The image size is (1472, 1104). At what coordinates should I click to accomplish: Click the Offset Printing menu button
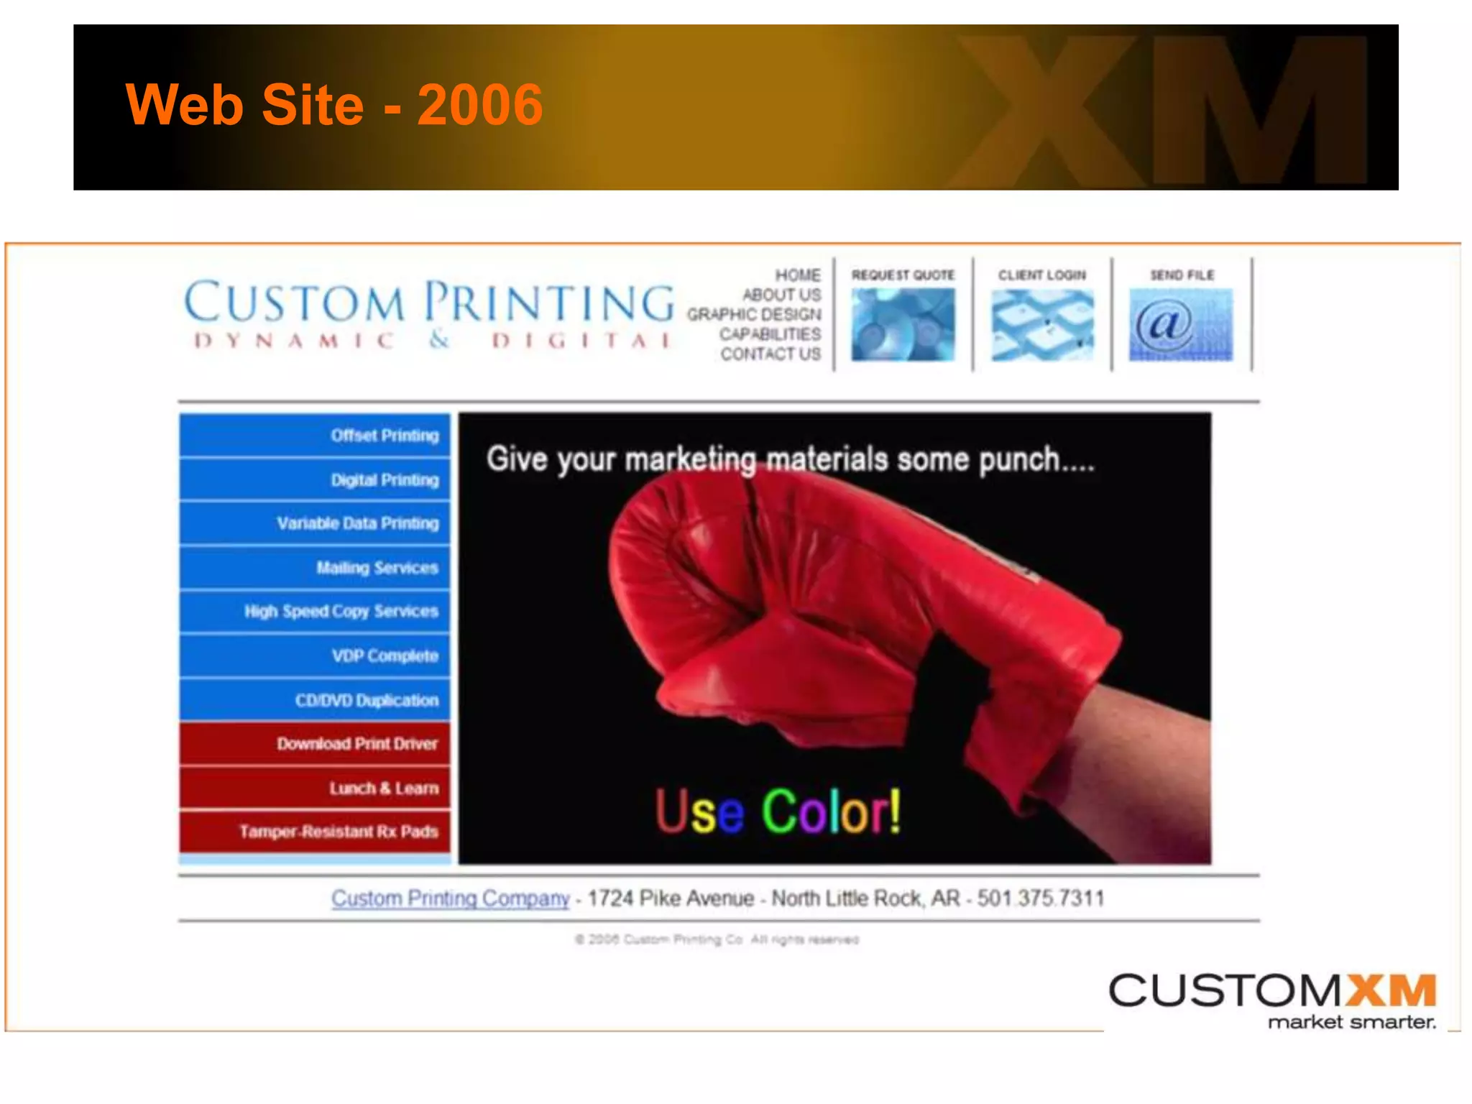click(x=315, y=436)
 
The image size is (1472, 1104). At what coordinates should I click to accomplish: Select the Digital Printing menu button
click(x=315, y=479)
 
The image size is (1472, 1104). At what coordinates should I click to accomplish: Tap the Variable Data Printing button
click(x=315, y=523)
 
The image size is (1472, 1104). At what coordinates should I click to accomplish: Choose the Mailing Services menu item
click(x=315, y=568)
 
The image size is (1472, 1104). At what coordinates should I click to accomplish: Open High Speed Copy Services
click(x=315, y=612)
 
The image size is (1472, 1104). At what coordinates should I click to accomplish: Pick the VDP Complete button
click(x=315, y=655)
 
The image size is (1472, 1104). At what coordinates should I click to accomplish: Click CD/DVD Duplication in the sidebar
click(x=315, y=700)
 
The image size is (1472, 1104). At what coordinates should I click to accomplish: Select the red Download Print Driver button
click(x=315, y=744)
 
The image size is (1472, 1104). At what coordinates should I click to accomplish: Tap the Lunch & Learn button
click(x=315, y=788)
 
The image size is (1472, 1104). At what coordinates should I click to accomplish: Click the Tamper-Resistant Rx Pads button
click(x=315, y=832)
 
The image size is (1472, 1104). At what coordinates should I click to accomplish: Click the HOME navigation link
click(x=797, y=275)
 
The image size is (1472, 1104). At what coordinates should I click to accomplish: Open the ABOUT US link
click(x=781, y=295)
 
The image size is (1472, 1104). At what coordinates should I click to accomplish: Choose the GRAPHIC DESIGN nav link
click(x=753, y=315)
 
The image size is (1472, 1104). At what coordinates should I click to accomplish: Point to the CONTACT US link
click(x=770, y=354)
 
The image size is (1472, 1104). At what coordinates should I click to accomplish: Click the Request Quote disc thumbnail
click(x=903, y=324)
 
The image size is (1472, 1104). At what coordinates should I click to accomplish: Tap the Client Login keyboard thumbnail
click(x=1042, y=324)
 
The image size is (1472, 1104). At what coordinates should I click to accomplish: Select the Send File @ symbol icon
click(x=1181, y=324)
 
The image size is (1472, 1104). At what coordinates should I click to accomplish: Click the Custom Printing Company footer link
click(x=450, y=898)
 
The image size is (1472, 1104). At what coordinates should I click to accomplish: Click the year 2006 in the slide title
click(x=479, y=105)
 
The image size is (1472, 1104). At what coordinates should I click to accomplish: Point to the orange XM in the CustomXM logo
click(x=1390, y=991)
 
